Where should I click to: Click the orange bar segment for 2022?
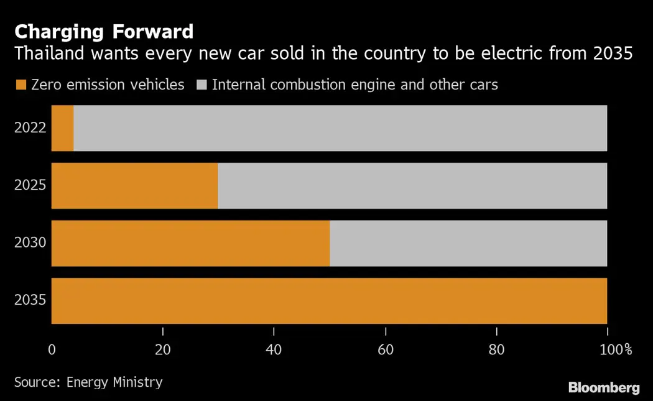click(62, 128)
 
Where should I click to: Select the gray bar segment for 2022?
click(340, 128)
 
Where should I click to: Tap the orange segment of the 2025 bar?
click(134, 186)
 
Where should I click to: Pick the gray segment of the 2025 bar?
click(412, 186)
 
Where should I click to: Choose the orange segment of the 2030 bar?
click(190, 243)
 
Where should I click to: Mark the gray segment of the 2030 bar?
click(468, 243)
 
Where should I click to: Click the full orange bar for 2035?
click(329, 301)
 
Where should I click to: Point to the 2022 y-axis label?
click(30, 128)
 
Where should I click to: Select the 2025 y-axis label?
click(30, 186)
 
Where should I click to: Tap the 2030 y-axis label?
click(30, 243)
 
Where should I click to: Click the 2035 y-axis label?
click(30, 301)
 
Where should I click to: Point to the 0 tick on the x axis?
click(52, 349)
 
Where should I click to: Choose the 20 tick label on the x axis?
click(162, 349)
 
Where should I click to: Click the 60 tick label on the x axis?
click(386, 349)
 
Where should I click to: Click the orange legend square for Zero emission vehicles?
click(21, 85)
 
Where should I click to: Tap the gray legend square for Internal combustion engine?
click(201, 85)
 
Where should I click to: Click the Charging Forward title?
click(104, 31)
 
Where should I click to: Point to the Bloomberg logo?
click(603, 388)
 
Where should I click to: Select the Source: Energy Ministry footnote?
click(88, 382)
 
